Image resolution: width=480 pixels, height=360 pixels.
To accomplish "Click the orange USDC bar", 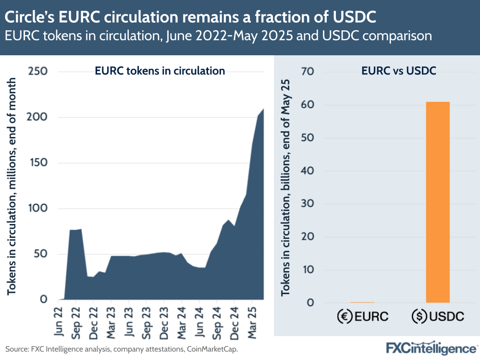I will click(x=438, y=202).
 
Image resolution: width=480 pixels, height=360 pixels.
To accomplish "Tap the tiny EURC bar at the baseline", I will click(x=362, y=302).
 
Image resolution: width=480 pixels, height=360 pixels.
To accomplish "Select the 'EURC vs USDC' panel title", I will click(x=398, y=71).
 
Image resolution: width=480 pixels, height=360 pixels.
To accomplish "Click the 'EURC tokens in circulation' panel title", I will click(x=160, y=71).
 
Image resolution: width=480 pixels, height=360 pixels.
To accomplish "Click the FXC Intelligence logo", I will click(x=431, y=348).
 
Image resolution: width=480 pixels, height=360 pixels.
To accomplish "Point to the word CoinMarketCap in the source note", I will click(x=212, y=348).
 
